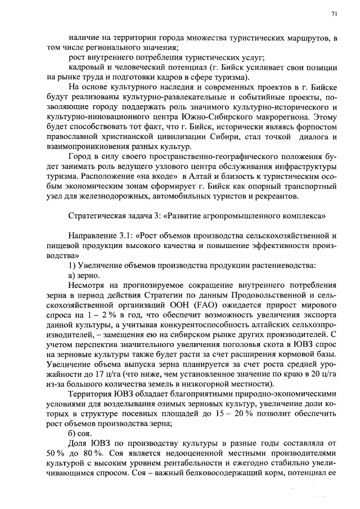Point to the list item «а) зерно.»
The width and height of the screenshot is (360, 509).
[x=84, y=276]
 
